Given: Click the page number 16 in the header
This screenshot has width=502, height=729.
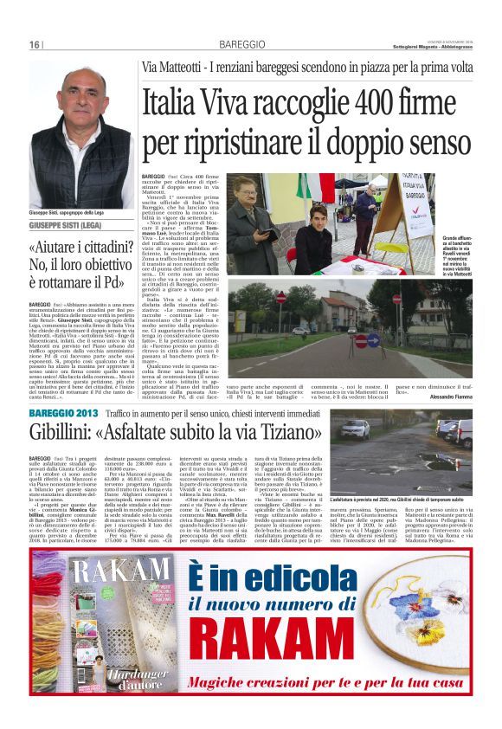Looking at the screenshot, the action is click(35, 45).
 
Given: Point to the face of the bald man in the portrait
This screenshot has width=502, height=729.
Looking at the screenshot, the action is click(80, 104).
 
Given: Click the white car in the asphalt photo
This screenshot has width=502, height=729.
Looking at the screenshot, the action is click(355, 429).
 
